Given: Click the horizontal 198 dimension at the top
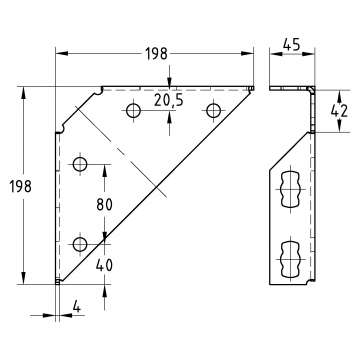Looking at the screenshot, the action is [156, 53].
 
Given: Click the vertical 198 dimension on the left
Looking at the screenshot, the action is [20, 186].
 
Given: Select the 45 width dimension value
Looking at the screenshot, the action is [292, 44].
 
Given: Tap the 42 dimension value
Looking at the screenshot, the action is [339, 111].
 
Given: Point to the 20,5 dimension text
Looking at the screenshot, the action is [169, 100].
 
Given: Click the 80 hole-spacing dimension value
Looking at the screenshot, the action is [105, 204].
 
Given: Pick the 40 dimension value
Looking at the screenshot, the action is [105, 265].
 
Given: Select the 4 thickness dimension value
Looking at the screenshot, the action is [77, 307].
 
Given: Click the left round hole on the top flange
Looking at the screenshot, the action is [133, 110].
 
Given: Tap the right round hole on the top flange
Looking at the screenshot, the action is [213, 110].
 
